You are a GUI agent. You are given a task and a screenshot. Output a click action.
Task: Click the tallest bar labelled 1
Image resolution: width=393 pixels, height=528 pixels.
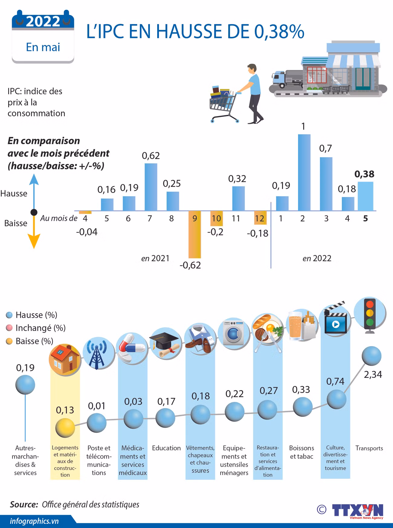[304, 172]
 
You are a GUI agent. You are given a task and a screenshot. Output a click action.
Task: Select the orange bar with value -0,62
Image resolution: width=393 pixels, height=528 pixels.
[194, 234]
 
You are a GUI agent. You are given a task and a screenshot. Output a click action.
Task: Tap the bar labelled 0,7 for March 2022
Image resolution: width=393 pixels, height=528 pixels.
[326, 184]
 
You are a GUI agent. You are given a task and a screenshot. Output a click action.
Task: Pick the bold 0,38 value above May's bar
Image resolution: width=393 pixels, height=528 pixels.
[364, 174]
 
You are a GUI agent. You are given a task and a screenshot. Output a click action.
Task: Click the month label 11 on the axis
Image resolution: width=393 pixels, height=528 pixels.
[236, 218]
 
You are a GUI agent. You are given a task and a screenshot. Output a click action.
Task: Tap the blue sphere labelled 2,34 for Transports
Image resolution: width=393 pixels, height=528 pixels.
[372, 356]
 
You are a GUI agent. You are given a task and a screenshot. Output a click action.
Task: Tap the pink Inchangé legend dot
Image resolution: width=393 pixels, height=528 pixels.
[9, 328]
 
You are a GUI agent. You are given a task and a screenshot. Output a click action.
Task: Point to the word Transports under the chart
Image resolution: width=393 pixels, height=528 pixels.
[369, 448]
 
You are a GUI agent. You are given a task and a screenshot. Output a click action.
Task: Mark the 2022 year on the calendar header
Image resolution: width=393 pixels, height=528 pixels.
[43, 22]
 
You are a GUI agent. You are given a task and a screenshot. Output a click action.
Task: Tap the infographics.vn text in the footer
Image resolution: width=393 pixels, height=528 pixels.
[34, 521]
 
